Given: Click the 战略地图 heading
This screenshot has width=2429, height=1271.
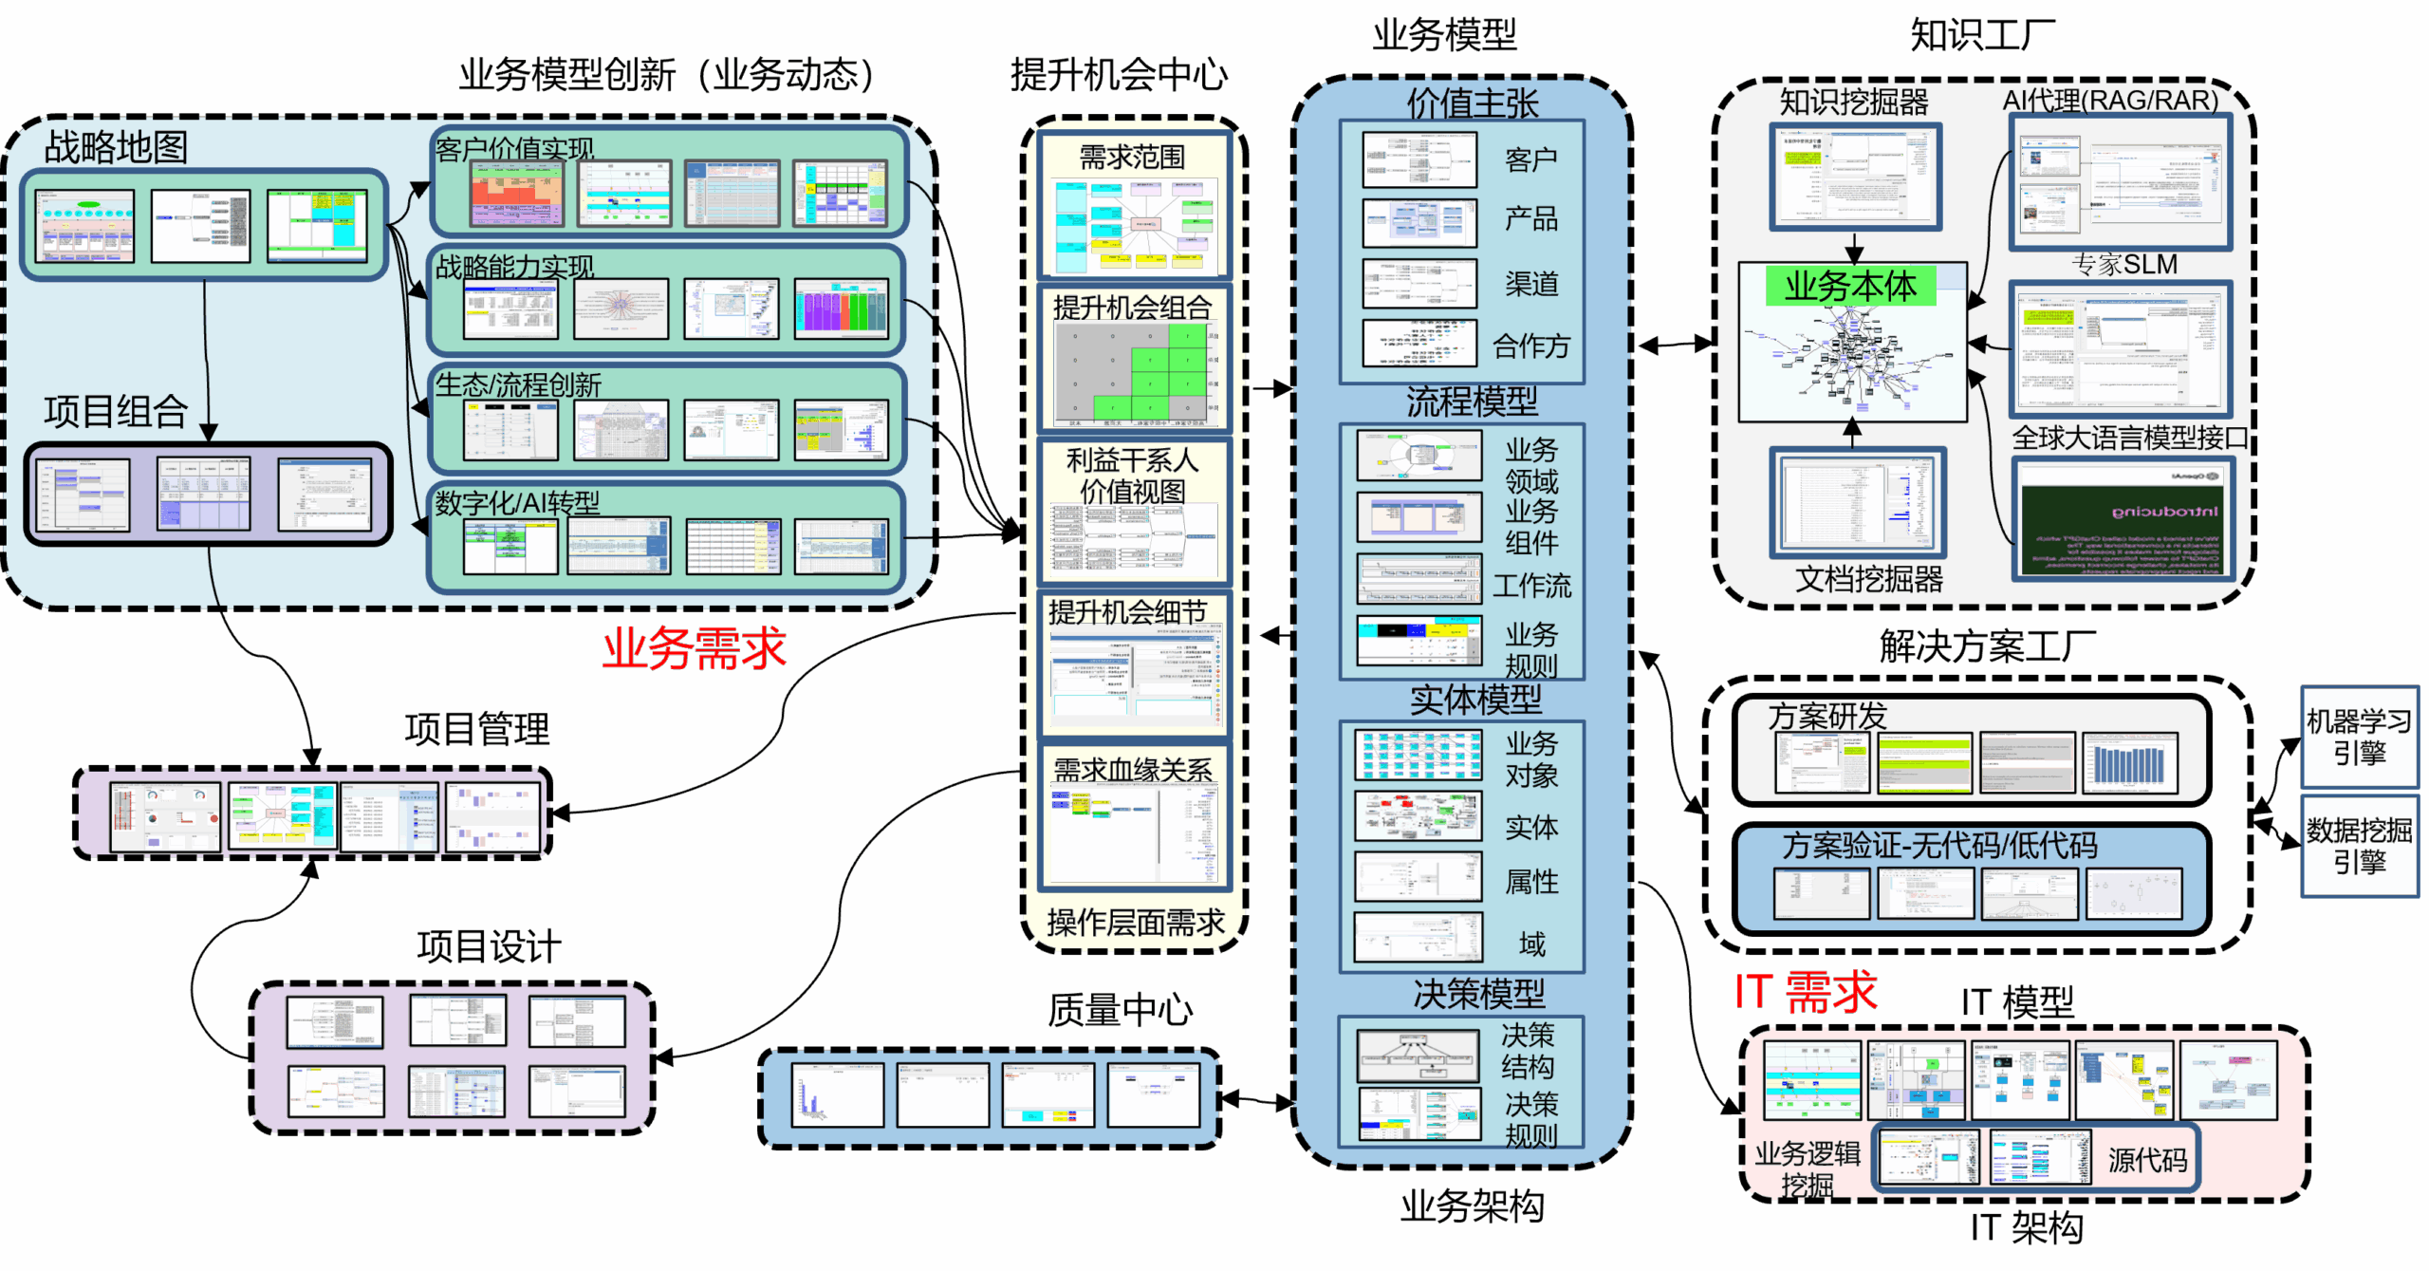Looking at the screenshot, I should click(x=116, y=147).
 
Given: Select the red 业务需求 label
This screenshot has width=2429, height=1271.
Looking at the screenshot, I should click(x=694, y=649).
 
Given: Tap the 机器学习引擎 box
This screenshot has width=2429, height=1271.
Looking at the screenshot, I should click(x=2359, y=738).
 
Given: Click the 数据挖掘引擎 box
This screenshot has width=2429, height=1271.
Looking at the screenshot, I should click(x=2359, y=847).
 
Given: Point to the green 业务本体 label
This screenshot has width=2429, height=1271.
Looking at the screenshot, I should click(x=1849, y=286).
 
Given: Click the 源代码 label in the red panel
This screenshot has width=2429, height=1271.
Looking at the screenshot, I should click(x=2147, y=1159).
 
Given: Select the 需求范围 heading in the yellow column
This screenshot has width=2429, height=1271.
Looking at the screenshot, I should click(x=1133, y=158).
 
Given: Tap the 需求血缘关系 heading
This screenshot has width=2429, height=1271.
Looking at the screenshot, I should click(x=1133, y=770).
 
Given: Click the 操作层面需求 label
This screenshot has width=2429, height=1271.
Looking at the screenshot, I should click(x=1136, y=923).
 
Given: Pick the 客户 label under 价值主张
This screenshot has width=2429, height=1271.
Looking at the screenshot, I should click(x=1530, y=159).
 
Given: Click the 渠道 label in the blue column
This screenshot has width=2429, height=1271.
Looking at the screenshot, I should click(x=1530, y=283).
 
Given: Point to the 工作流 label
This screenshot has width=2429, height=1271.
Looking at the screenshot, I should click(x=1531, y=586).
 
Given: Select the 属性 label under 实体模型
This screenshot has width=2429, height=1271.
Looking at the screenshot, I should click(x=1531, y=882).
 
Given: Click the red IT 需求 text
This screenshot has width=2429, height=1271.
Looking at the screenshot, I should click(x=1806, y=992).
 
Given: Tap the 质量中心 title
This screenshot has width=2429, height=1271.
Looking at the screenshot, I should click(x=1120, y=1010).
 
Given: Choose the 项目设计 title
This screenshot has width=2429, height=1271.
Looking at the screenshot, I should click(x=490, y=946).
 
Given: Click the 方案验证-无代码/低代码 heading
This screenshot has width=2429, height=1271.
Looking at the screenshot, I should click(x=1938, y=845).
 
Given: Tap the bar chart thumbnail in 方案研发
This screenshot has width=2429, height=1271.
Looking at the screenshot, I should click(x=2130, y=762).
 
